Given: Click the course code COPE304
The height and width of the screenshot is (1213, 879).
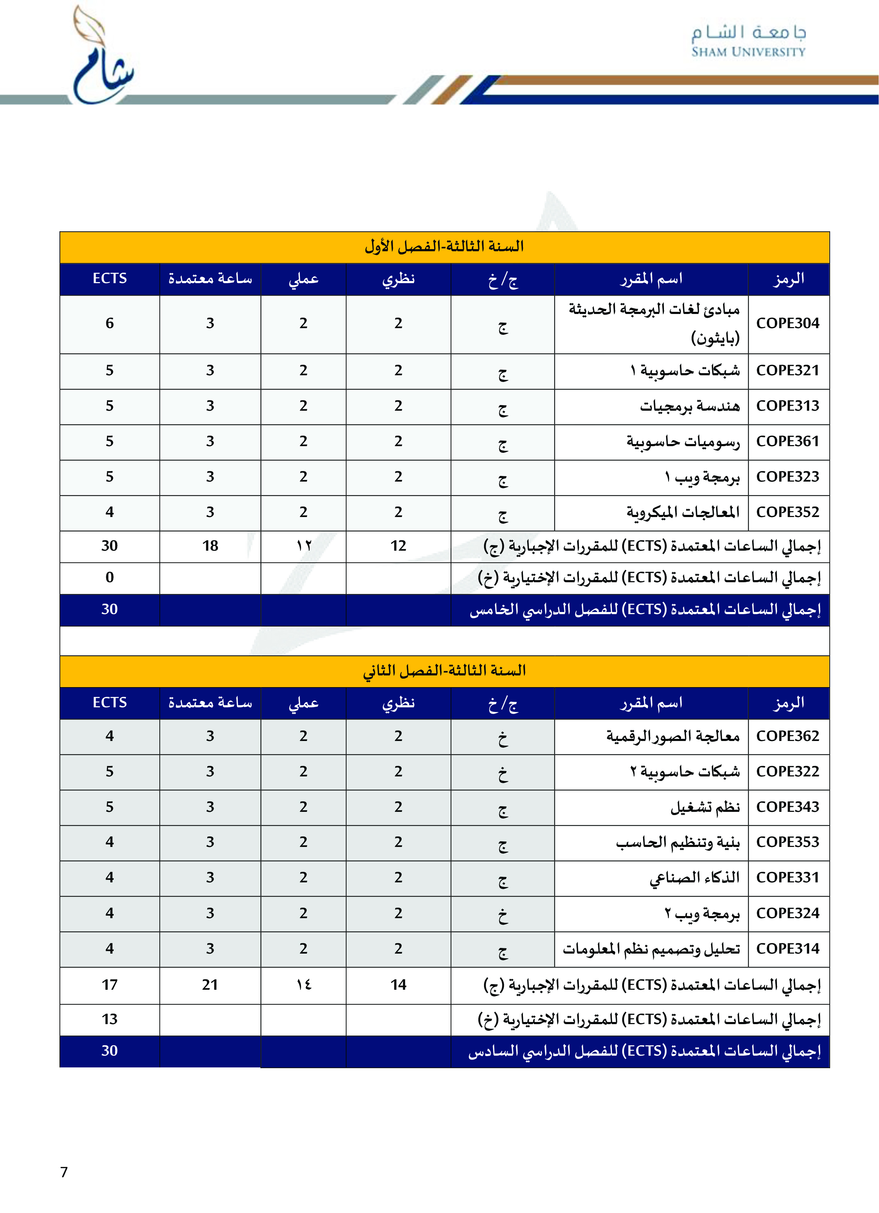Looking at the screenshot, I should [x=787, y=323].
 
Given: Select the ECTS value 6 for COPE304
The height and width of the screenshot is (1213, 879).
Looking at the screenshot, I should [x=109, y=323].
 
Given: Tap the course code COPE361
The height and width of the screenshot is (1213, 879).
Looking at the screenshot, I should [x=787, y=441].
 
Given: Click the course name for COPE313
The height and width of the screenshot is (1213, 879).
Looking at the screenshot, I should [x=690, y=406].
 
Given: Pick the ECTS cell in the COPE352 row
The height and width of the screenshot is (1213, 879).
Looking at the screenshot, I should [x=109, y=512].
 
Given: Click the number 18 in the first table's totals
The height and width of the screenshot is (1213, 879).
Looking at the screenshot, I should [x=210, y=545].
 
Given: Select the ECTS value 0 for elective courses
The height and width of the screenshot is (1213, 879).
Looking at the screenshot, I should [x=109, y=577].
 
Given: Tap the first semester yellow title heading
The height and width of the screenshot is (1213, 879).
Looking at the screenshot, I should [x=444, y=247].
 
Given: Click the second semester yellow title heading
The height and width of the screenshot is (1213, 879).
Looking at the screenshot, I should [x=444, y=671].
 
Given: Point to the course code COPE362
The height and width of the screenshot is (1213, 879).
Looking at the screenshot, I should [x=787, y=736].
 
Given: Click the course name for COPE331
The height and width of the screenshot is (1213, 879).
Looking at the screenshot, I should [x=694, y=878].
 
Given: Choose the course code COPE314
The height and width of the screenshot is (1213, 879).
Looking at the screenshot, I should [x=787, y=948].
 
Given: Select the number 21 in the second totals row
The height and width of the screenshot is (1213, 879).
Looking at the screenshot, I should [x=210, y=985].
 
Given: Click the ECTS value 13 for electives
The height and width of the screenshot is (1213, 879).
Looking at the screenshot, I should [x=109, y=1019].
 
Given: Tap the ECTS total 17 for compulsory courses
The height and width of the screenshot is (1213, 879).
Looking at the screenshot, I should [x=109, y=985].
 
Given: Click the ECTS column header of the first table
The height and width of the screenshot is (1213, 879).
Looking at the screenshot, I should [x=109, y=278].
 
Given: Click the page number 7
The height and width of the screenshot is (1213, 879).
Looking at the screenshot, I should [x=64, y=1172].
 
